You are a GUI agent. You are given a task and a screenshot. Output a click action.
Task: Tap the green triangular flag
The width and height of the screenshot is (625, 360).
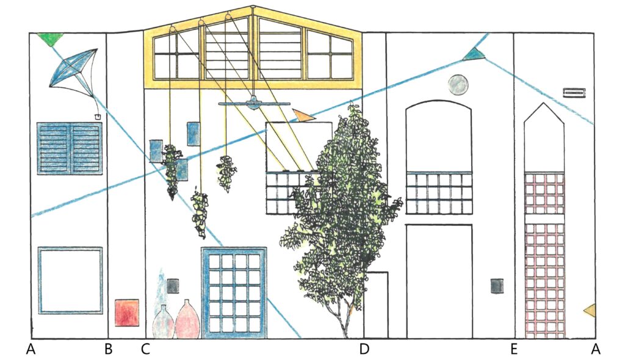pos(49,39)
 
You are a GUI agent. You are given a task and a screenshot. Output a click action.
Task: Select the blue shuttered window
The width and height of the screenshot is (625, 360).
pos(69,148)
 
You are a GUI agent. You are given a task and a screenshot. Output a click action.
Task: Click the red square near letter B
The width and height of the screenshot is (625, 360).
pos(128,312)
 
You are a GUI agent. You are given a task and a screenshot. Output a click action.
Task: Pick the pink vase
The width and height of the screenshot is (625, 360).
pos(188,322)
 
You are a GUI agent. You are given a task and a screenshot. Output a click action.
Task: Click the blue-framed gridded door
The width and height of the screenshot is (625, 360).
pos(234,292)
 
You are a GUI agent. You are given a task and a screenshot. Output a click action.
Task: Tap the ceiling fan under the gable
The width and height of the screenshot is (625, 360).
pos(253,104)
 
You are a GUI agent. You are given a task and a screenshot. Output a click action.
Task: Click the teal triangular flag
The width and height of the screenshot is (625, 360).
pos(473,56)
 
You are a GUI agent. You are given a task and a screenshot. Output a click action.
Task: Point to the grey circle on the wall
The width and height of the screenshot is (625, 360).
pos(457,85)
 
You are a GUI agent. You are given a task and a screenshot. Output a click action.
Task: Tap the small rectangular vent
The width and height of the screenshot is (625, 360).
pos(574,93)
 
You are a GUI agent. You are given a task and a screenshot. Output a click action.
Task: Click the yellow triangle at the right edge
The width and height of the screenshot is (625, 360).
pos(590,311)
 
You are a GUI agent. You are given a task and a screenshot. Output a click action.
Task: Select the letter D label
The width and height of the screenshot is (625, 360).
pos(364,350)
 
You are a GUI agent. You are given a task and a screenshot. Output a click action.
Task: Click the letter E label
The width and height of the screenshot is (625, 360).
pos(514,350)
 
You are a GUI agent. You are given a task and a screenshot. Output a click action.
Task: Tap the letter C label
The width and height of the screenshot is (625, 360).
pos(145,350)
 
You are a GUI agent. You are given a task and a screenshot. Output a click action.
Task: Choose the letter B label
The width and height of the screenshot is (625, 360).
pos(108,350)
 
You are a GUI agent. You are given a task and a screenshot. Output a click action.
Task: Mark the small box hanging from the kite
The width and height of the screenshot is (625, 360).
pos(97,115)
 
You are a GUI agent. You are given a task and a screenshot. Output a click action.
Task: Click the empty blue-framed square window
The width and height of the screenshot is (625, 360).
pos(70,280)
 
